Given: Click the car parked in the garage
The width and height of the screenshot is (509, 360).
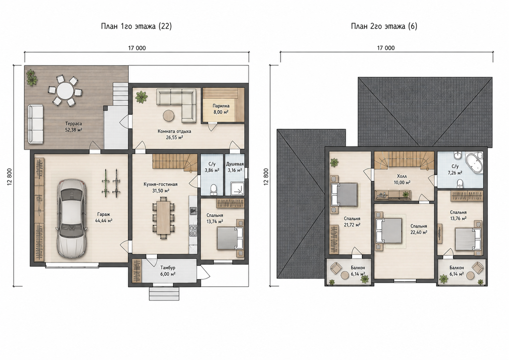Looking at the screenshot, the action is click(72, 219).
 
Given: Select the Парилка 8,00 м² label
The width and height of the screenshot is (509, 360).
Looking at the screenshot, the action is click(221, 109).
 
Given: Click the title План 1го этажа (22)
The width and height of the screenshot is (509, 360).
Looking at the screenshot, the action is click(136, 26).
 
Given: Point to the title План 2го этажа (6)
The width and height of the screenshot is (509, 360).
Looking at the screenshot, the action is click(384, 26).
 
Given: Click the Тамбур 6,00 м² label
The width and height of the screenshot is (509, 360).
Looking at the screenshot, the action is click(168, 271).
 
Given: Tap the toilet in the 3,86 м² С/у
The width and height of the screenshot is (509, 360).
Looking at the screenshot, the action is click(213, 190).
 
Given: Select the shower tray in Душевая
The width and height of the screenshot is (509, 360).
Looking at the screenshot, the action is click(237, 188).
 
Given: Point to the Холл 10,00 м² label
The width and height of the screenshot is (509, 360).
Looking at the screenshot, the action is click(402, 179).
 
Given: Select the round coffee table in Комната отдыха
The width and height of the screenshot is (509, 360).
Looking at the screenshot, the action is click(169, 116).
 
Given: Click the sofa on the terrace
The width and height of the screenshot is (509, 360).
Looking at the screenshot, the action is click(36, 124).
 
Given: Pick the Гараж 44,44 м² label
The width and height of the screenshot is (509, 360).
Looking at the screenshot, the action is click(104, 217).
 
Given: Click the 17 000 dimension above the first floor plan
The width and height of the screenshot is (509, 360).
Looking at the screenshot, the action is click(137, 48).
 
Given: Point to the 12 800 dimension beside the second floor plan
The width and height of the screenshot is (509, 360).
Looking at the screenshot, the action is click(266, 176).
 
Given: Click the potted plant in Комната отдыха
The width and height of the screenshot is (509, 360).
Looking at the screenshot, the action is click(141, 97).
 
